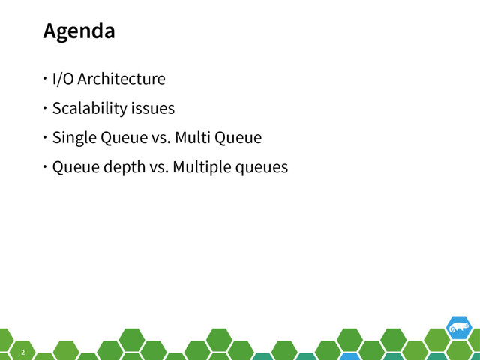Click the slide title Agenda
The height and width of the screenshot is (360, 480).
click(79, 31)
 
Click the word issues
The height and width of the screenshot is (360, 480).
click(153, 108)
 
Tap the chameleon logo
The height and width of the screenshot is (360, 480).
click(458, 327)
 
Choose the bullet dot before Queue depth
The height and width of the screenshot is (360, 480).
click(45, 167)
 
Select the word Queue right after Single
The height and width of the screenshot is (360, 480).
click(118, 138)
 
